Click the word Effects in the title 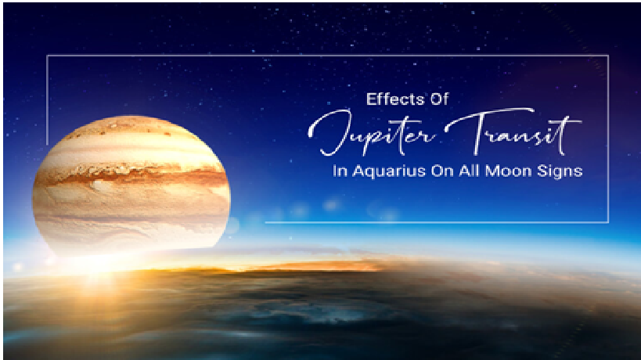[x=391, y=99]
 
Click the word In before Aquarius [x=340, y=171]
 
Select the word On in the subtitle [x=442, y=171]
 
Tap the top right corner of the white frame [x=608, y=56]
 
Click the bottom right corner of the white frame [x=608, y=222]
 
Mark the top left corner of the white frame [x=48, y=56]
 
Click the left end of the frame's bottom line [x=266, y=222]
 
